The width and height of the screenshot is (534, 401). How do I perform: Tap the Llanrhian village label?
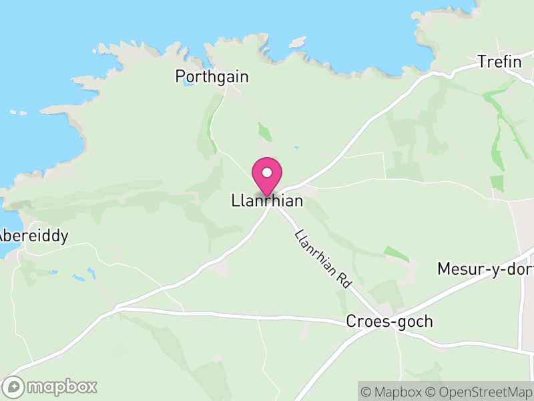(x=267, y=200)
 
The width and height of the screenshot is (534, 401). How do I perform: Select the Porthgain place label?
(x=212, y=77)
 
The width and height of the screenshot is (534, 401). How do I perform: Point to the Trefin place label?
(x=499, y=62)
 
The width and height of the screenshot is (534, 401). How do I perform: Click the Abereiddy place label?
(x=33, y=236)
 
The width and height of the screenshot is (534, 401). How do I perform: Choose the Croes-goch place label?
(x=389, y=321)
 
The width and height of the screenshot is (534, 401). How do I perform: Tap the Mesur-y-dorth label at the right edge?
(x=485, y=269)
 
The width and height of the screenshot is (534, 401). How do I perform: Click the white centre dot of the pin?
(x=267, y=172)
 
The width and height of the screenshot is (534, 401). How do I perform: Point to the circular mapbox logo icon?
(x=14, y=387)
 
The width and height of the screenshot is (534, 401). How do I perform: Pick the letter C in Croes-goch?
(x=351, y=321)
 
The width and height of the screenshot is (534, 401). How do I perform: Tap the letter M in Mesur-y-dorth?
(x=445, y=269)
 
